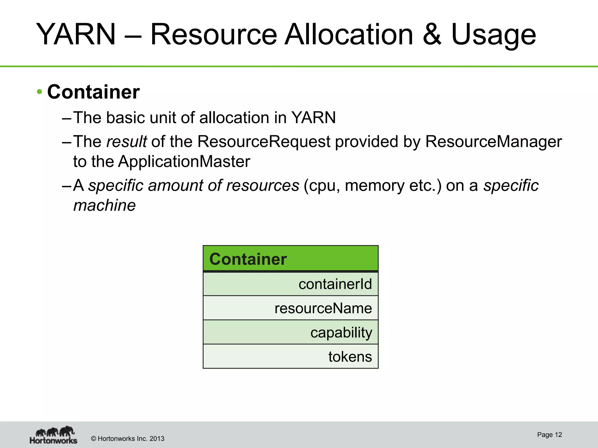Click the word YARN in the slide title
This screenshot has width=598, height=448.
click(76, 34)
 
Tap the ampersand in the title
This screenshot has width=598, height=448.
click(432, 34)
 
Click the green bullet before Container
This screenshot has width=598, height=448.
click(39, 92)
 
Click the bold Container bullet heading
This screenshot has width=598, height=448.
click(93, 92)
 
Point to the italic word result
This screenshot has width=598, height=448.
click(126, 141)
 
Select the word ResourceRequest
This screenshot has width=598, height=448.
click(264, 141)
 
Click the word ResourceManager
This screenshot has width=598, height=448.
click(493, 141)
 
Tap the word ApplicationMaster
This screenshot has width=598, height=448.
click(184, 161)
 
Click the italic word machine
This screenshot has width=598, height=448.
click(104, 205)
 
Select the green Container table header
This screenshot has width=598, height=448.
click(291, 259)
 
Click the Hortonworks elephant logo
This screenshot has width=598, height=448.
click(54, 435)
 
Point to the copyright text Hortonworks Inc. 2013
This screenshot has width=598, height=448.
click(128, 439)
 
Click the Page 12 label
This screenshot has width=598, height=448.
click(549, 435)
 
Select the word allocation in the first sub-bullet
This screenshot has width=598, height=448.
click(234, 118)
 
